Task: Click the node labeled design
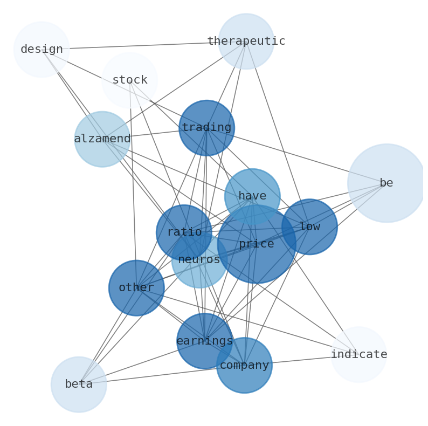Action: (x=42, y=50)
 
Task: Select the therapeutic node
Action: (x=246, y=42)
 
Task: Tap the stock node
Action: (x=129, y=80)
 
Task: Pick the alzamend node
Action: (x=102, y=139)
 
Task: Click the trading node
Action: (x=206, y=128)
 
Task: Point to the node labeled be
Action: (x=386, y=183)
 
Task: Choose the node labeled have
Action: (x=252, y=196)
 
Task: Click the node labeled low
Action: (x=309, y=227)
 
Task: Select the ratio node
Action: (x=184, y=232)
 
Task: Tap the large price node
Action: (x=257, y=244)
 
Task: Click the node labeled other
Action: (x=136, y=288)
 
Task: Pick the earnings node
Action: (x=204, y=341)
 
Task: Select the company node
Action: (x=244, y=366)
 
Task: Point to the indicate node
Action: (x=358, y=355)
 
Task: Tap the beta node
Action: (x=79, y=384)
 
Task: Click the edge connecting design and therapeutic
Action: (x=143, y=45)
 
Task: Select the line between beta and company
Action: (x=162, y=375)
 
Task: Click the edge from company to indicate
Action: (x=302, y=360)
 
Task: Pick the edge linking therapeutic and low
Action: (x=278, y=134)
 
